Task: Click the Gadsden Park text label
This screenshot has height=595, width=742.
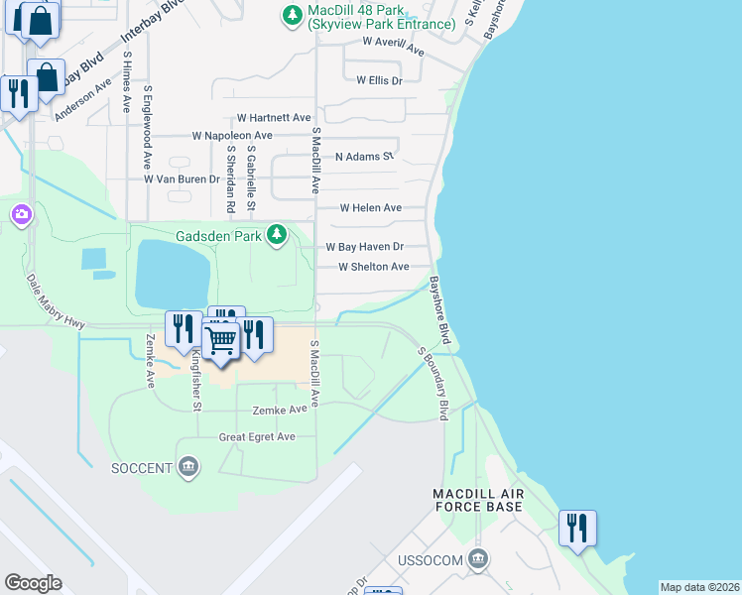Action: click(x=218, y=236)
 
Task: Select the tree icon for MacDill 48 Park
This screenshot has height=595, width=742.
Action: click(x=292, y=14)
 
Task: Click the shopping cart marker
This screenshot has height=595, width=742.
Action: click(x=220, y=341)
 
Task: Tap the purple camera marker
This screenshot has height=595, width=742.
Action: click(x=21, y=215)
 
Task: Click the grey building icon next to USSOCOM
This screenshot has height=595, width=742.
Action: click(x=479, y=560)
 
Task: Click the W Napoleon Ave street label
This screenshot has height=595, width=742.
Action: click(x=232, y=135)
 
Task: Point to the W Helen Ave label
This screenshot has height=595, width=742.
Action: click(x=370, y=208)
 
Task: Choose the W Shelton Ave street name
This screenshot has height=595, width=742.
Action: click(x=373, y=267)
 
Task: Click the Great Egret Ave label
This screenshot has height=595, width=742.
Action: click(x=257, y=436)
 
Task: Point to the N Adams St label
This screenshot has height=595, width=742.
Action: click(x=364, y=157)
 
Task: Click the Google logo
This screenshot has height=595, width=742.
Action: click(x=33, y=583)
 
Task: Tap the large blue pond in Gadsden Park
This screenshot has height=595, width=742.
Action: click(x=173, y=274)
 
